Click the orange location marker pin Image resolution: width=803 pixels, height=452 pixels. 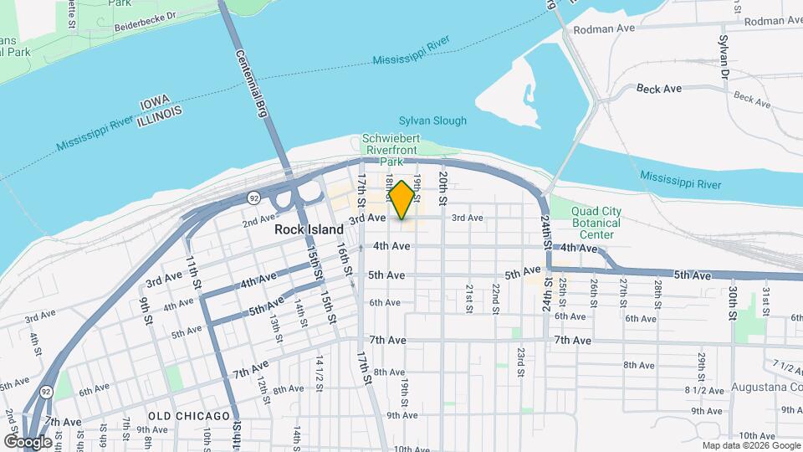(401, 200)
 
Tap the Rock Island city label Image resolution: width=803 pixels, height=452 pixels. (309, 229)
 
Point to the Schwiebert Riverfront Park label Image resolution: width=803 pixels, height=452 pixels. (391, 150)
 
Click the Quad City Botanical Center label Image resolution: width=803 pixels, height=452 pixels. (596, 223)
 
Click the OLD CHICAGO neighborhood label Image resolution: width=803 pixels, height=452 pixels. (189, 416)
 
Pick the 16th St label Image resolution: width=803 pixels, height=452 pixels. (343, 259)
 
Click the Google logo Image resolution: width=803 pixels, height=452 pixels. (28, 441)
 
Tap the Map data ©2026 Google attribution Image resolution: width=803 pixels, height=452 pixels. (750, 445)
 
